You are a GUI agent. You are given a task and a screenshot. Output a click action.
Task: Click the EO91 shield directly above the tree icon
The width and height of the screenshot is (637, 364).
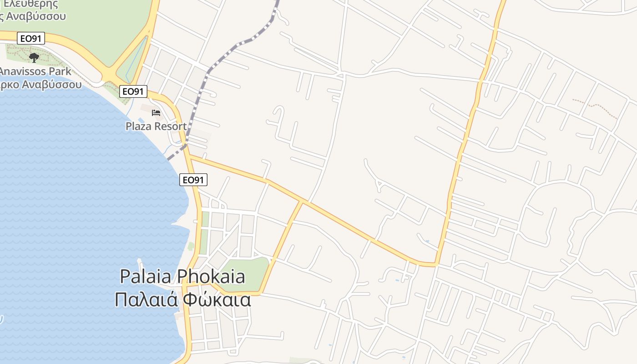31,38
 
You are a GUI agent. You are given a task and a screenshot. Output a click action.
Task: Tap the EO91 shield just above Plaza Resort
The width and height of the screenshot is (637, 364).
133,91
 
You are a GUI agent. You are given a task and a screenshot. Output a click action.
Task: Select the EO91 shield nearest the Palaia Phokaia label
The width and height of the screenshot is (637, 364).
193,180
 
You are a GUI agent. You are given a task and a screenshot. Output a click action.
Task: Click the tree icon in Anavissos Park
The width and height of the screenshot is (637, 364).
34,57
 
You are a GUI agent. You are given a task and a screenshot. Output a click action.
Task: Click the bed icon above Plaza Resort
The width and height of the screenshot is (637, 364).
156,112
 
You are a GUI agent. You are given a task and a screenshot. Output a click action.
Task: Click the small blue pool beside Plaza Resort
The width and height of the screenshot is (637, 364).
141,120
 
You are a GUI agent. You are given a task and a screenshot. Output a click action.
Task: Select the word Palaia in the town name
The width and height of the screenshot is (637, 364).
146,277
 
